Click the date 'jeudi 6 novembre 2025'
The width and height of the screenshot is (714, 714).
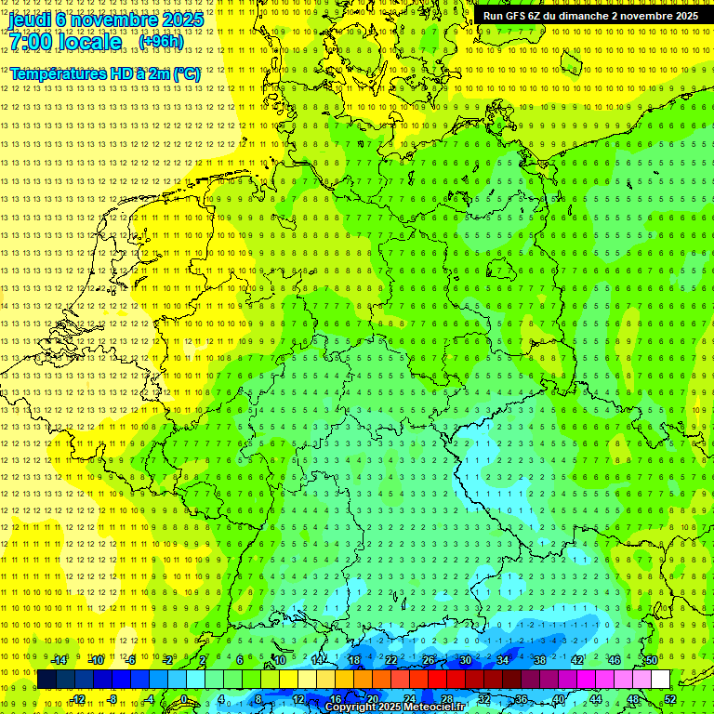tap(106, 19)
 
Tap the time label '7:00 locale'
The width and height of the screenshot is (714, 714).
tap(66, 42)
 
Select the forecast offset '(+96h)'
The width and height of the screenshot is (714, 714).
tap(161, 42)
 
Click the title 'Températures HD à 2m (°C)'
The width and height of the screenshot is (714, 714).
tap(105, 73)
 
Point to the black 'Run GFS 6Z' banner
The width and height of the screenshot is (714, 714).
tap(590, 16)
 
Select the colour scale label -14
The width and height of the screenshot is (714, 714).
tap(60, 660)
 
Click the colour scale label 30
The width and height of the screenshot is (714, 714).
tap(466, 660)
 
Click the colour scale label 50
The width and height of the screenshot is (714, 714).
tap(652, 660)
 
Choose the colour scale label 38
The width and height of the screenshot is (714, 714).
tap(540, 660)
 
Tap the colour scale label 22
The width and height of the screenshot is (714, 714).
tap(391, 660)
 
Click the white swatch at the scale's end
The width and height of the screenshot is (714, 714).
tap(660, 679)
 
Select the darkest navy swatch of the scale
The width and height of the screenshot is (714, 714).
tap(46, 679)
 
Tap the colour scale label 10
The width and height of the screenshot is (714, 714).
tap(280, 660)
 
